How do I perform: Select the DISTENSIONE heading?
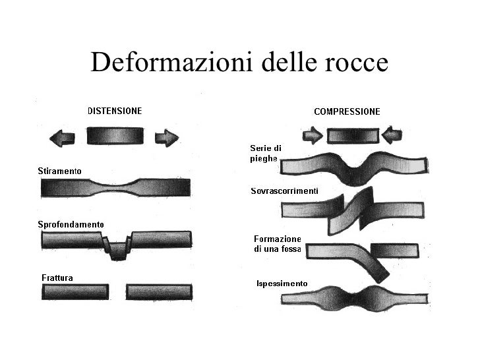point(115,111)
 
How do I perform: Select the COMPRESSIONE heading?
point(347,112)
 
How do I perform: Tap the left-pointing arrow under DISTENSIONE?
point(63,138)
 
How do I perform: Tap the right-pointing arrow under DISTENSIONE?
point(166,138)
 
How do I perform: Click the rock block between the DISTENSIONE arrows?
point(114,136)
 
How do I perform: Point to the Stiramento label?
point(59,171)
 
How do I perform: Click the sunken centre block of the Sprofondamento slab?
point(118,250)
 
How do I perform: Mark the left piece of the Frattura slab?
point(75,292)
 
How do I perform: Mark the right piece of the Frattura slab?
point(159,292)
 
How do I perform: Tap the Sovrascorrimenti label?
point(285,191)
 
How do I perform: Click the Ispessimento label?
point(282,284)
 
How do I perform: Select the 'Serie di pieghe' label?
point(265,154)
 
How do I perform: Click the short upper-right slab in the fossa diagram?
point(394,250)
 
